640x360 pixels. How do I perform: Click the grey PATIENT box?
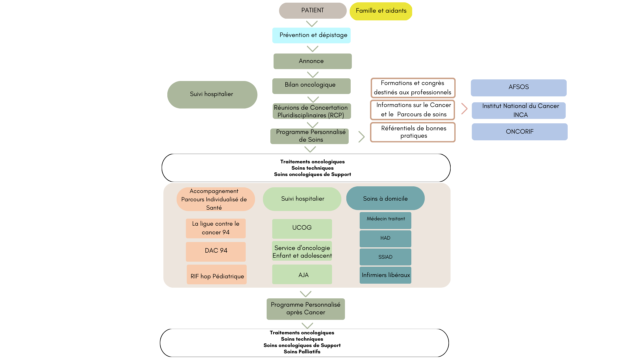click(312, 11)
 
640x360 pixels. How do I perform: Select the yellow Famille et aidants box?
click(381, 11)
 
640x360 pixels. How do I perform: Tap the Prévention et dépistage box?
click(311, 35)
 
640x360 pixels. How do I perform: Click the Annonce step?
click(312, 61)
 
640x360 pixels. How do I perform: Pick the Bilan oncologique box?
click(311, 86)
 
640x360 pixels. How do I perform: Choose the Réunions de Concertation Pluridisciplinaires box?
click(311, 111)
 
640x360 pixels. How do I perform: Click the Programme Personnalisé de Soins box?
click(309, 136)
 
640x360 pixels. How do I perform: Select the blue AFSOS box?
click(518, 88)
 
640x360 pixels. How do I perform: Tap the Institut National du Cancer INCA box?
click(518, 111)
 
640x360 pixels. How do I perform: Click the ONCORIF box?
click(519, 132)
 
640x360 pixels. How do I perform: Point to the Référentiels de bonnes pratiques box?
click(413, 132)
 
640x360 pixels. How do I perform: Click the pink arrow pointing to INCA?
click(464, 109)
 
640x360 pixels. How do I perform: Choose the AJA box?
click(302, 274)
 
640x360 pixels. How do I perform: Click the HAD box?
click(385, 239)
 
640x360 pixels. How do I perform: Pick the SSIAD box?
click(385, 257)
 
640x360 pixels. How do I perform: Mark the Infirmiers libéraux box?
click(385, 275)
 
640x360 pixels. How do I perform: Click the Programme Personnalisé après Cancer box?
click(305, 309)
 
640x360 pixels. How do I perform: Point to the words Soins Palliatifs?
click(302, 352)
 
